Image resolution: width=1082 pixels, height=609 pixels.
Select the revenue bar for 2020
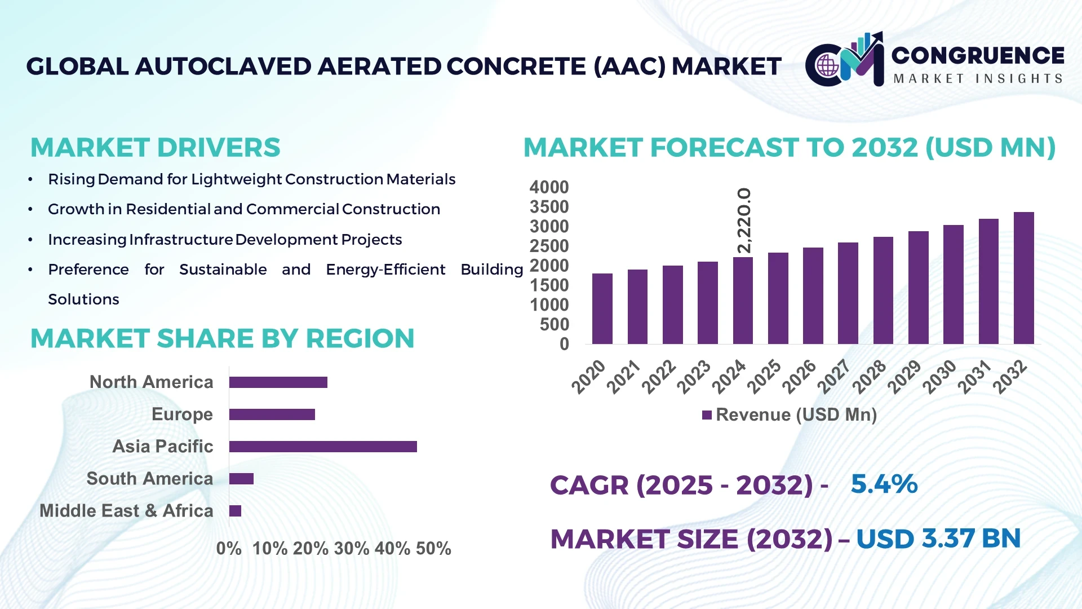coord(602,308)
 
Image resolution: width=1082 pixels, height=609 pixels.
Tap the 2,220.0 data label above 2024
coord(744,220)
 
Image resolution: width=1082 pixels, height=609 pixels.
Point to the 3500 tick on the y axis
coord(549,207)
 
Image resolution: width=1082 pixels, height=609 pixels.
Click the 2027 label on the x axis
coord(835,376)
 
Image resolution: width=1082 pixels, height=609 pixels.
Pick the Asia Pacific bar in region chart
coord(323,447)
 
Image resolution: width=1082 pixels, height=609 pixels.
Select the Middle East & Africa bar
coord(235,511)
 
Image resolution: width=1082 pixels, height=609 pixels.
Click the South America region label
coord(150,479)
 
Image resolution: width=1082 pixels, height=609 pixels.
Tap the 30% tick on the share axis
coord(352,548)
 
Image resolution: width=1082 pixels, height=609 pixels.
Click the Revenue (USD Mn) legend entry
coord(789,415)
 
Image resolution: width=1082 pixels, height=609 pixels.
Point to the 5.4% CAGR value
coord(884,484)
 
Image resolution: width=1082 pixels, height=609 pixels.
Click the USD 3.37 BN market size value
coord(938,539)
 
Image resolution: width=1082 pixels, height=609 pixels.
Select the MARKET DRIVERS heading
coord(155,148)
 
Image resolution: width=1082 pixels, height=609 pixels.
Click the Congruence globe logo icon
coord(827,65)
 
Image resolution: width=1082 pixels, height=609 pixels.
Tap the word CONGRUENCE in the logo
coord(978,55)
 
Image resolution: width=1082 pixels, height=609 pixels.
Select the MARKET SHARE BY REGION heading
coord(222,338)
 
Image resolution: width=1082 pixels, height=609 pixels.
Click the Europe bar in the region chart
coord(272,414)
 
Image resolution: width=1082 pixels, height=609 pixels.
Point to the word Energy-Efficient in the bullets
coord(385,270)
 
